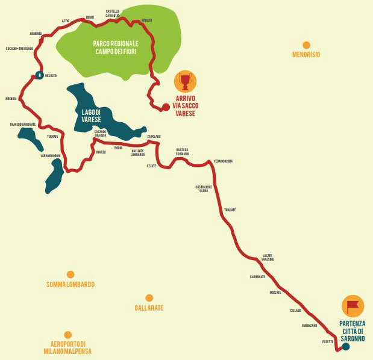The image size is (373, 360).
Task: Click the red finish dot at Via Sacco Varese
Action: pyautogui.click(x=166, y=107)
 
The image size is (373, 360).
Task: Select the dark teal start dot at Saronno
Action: pyautogui.click(x=345, y=346)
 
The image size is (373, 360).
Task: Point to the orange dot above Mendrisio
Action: pyautogui.click(x=306, y=45)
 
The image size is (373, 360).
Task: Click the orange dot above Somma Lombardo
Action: pyautogui.click(x=71, y=275)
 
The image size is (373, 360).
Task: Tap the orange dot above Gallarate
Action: pyautogui.click(x=149, y=298)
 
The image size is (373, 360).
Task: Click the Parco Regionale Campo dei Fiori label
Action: pyautogui.click(x=117, y=47)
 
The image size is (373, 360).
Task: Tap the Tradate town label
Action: pyautogui.click(x=230, y=209)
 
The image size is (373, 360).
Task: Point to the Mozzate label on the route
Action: pyautogui.click(x=275, y=292)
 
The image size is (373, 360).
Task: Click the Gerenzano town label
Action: pyautogui.click(x=310, y=325)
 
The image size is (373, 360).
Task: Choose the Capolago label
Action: pyautogui.click(x=154, y=137)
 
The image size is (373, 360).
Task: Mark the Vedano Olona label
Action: pyautogui.click(x=222, y=161)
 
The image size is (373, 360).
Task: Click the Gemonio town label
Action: pyautogui.click(x=36, y=33)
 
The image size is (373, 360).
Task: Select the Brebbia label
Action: pyautogui.click(x=11, y=98)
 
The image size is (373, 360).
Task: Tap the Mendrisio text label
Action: pyautogui.click(x=306, y=54)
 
